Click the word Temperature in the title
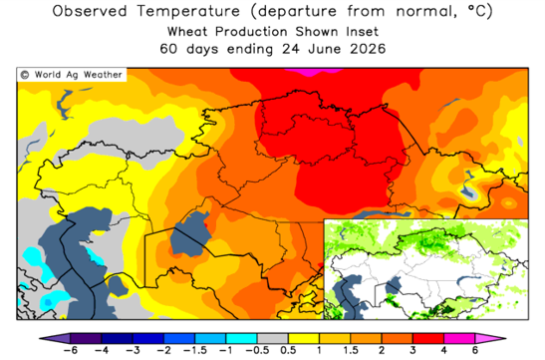pos(188,11)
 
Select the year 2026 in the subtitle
pos(368,49)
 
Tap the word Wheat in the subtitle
pos(187,32)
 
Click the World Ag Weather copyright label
pos(72,75)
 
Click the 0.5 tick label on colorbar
pos(288,350)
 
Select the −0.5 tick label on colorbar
pos(257,350)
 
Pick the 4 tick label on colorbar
pos(443,350)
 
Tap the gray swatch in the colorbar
pos(273,338)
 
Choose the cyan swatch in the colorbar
pos(241,338)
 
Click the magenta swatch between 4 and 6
pos(459,338)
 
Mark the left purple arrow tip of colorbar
pos(40,338)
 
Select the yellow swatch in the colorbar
pos(304,338)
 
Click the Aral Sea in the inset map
pos(394,286)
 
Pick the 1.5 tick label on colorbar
pos(351,350)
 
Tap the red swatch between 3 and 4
pos(428,338)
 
